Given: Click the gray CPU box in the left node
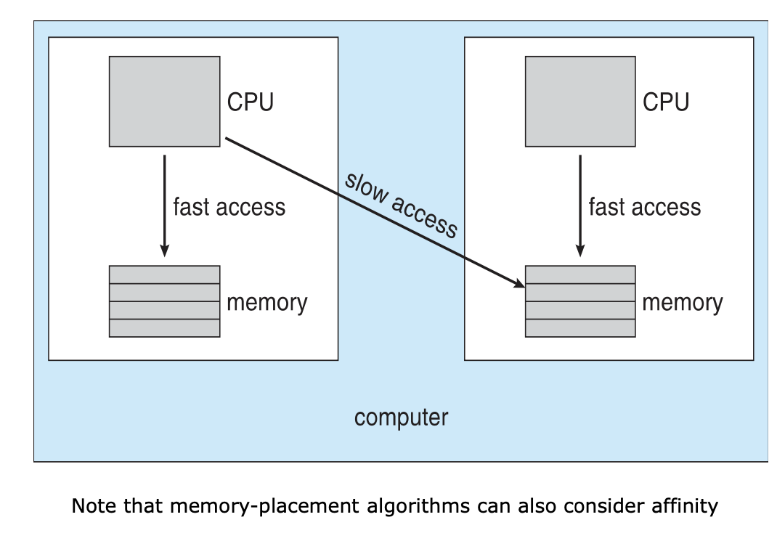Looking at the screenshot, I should [164, 102].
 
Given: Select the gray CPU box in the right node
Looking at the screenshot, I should [580, 102].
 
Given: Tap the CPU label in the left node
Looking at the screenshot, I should [251, 102].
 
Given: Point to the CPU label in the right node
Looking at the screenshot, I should [666, 102].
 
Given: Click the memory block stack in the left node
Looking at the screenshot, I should [164, 301].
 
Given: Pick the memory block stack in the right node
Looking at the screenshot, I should [580, 301].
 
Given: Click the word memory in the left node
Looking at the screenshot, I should [267, 302].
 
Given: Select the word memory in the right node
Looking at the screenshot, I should [682, 302].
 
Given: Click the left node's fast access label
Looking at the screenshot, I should [229, 207].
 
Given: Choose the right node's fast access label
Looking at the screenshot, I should [645, 207].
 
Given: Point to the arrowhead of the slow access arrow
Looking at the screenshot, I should [519, 283].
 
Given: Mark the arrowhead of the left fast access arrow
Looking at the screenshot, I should [165, 251].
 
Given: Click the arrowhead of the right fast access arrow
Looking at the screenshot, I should [580, 251].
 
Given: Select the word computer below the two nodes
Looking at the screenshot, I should [401, 418].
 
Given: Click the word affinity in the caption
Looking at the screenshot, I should [683, 505].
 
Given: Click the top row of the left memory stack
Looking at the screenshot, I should [164, 274].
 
